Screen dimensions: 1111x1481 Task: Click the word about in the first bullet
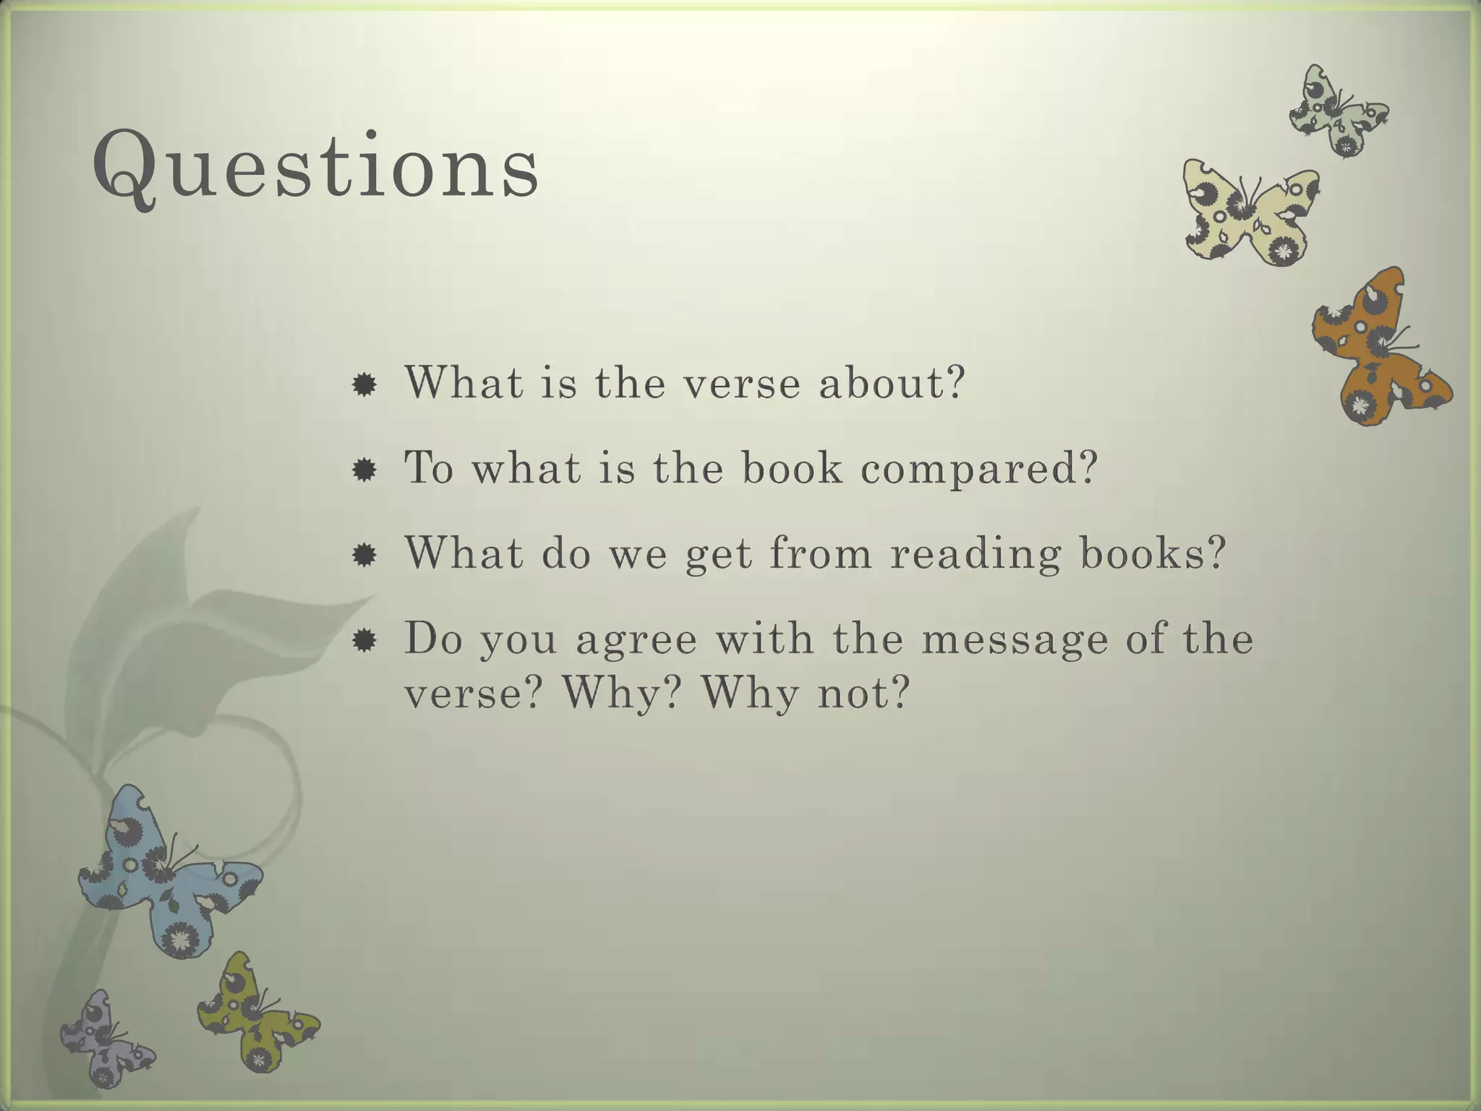891,383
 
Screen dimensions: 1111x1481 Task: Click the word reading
975,555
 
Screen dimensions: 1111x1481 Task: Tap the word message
1015,640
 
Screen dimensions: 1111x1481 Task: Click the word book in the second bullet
792,468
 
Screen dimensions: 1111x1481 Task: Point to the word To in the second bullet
429,468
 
